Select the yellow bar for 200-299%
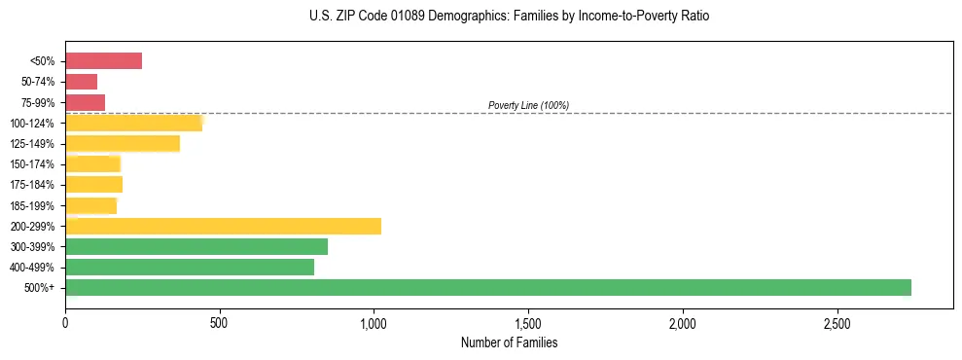(223, 226)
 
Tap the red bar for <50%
(103, 61)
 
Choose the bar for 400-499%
(190, 267)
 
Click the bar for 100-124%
(134, 123)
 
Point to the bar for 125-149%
(123, 143)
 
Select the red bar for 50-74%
(82, 82)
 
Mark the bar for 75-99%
(86, 102)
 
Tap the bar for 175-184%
(93, 184)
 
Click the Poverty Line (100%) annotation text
(528, 105)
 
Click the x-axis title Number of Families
(509, 342)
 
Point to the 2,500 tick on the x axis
(837, 322)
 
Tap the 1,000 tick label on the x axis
(374, 322)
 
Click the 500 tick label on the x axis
(220, 322)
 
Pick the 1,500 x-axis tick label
(528, 322)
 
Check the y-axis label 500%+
(40, 288)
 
